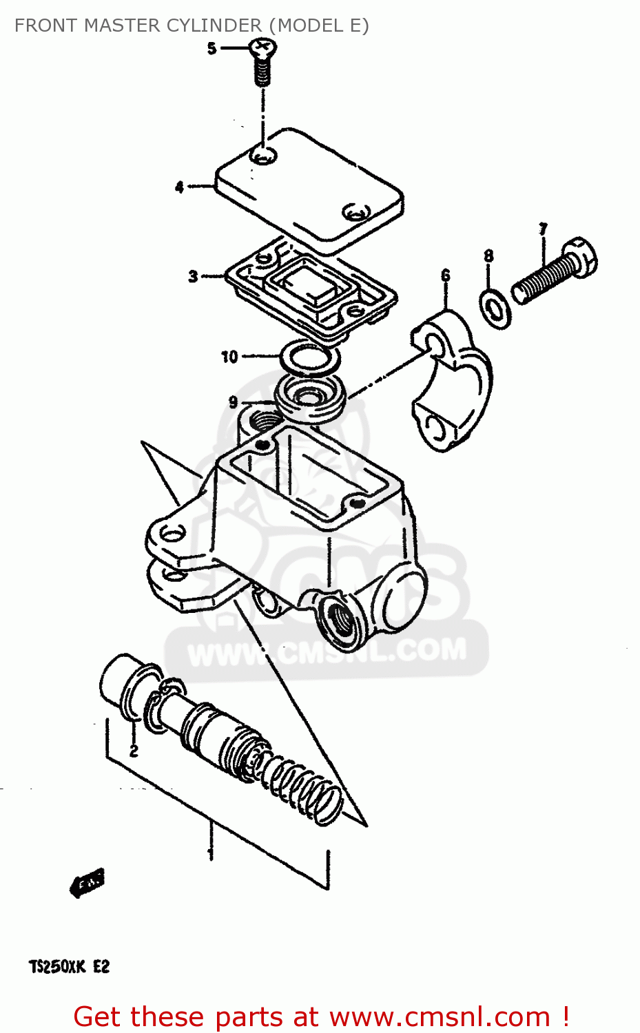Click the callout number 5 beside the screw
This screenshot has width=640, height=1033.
pos(211,48)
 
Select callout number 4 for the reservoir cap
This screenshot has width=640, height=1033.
pos(180,187)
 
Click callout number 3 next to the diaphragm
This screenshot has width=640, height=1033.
pos(193,277)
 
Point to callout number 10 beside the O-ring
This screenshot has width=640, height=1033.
pos(229,357)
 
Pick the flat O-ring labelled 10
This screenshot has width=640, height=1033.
pos(309,358)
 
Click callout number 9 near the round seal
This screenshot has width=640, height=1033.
pos(234,402)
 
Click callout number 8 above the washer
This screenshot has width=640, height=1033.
pos(488,256)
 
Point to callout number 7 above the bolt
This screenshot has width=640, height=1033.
pos(543,229)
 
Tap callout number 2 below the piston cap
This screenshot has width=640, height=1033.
pos(134,750)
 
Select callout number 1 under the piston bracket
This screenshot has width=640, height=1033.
pos(211,854)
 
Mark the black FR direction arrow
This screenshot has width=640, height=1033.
pos(87,882)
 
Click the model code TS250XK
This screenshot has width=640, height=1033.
pos(57,967)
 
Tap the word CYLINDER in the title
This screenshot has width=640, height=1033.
pos(216,25)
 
